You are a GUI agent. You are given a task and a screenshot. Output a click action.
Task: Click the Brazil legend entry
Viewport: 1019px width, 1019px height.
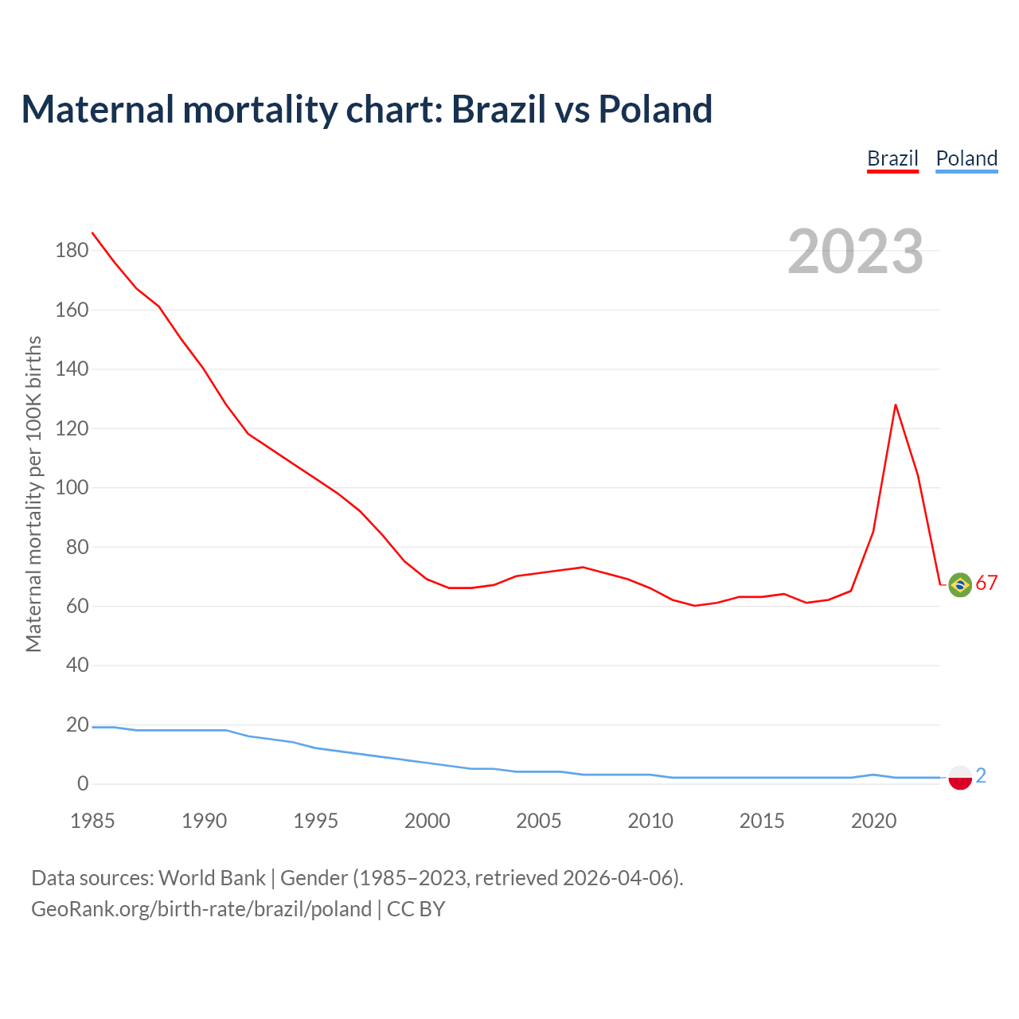892,158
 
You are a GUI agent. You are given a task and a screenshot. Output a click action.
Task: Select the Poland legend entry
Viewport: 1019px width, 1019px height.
966,158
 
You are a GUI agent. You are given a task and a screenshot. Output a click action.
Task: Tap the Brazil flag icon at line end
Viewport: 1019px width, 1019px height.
960,585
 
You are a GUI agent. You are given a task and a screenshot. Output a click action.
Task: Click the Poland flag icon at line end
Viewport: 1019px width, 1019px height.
960,778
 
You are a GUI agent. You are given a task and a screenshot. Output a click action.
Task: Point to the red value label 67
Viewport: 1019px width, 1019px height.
986,584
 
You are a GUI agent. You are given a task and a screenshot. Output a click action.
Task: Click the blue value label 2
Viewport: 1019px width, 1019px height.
981,775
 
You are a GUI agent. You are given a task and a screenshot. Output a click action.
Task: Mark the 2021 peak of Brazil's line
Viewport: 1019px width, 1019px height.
896,405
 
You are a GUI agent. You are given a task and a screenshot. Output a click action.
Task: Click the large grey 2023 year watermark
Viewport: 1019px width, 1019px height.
856,252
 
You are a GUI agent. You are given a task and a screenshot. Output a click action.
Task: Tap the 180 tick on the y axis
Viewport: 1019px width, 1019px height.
72,251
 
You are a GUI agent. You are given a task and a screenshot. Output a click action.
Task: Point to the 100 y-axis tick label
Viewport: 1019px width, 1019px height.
72,487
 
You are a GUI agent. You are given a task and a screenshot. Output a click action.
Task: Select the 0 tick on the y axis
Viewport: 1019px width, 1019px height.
83,784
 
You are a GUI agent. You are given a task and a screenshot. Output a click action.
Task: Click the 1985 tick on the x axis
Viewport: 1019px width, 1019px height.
92,821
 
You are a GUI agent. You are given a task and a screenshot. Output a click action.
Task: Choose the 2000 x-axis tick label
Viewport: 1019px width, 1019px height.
428,821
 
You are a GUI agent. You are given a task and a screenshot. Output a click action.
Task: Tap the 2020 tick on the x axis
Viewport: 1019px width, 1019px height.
874,821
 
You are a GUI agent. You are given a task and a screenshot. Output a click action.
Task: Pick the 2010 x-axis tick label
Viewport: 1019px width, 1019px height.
650,821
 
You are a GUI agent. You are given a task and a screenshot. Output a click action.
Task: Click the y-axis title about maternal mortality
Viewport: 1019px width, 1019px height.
33,494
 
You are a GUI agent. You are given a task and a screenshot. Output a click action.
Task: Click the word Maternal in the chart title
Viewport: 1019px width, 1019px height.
97,109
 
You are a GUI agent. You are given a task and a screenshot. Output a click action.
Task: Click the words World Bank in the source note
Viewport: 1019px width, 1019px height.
212,878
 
